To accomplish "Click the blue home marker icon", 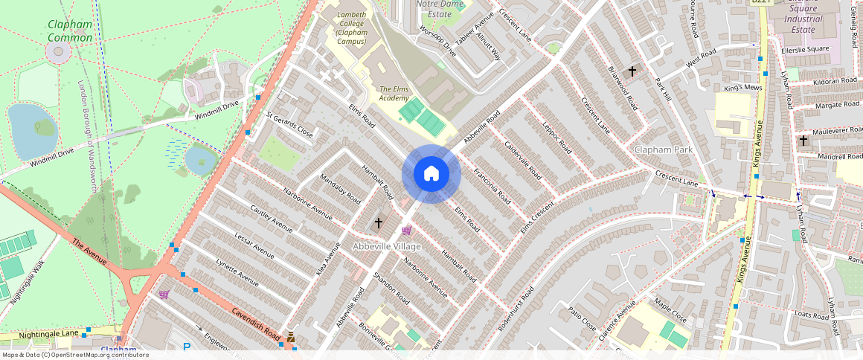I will tap(431, 174).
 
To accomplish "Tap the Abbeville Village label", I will tap(387, 246).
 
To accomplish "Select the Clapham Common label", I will tap(70, 30).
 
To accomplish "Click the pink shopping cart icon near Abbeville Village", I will tap(406, 231).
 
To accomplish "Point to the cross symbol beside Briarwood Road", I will tap(632, 71).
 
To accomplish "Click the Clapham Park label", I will tap(664, 150).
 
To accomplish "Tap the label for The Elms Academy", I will tap(394, 94).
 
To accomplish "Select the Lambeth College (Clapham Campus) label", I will tap(351, 28).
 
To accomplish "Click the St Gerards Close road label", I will tap(289, 126).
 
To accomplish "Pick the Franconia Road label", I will tap(492, 187).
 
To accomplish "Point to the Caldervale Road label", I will tap(522, 158).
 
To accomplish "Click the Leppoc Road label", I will tap(556, 137).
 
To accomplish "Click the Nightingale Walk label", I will tap(28, 281).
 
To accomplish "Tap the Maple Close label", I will tap(670, 311).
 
